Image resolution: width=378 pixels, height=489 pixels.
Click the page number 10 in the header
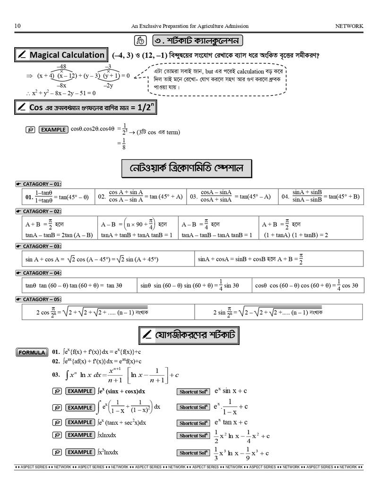[17, 26]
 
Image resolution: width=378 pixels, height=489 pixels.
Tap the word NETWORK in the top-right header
[349, 26]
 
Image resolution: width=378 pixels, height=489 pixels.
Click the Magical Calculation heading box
[61, 55]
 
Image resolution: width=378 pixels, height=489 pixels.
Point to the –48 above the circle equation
[61, 67]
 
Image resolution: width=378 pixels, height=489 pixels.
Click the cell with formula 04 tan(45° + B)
[321, 196]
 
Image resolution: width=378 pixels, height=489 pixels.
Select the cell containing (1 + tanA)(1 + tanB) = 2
[311, 229]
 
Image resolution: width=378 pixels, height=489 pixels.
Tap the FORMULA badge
[32, 352]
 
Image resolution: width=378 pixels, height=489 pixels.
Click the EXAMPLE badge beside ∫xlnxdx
[79, 435]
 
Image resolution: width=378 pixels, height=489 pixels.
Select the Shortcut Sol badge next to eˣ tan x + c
[193, 423]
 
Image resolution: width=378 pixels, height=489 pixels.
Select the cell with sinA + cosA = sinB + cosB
[279, 259]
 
